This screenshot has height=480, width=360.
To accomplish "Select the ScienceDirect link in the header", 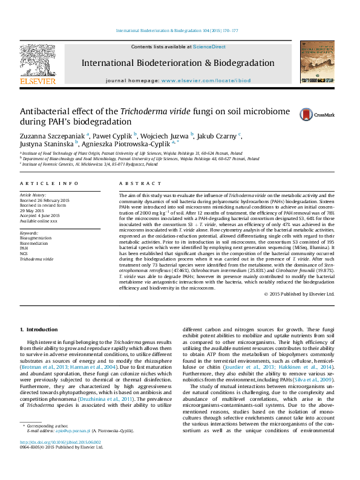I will [x=209, y=47].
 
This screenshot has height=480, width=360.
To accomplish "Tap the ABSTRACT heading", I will [x=134, y=183].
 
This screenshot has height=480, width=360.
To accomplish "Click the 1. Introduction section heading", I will [x=39, y=329].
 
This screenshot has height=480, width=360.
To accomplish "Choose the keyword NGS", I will [x=24, y=253].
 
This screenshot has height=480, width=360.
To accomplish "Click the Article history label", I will [x=33, y=195].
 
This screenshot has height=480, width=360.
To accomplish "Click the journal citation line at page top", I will [x=177, y=30].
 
